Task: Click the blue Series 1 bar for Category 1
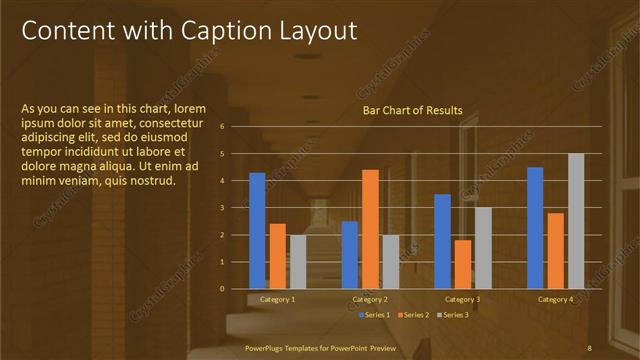[x=257, y=230]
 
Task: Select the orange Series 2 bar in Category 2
[x=370, y=228]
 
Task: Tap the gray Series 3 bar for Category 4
[x=576, y=220]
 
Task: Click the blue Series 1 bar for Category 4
[x=535, y=227]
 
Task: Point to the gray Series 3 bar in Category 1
[x=298, y=261]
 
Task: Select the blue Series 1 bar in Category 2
[x=350, y=254]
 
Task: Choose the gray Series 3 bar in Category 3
[x=483, y=247]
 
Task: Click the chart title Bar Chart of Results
[x=412, y=111]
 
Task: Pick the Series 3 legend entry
[x=452, y=315]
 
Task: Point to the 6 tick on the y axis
[x=235, y=126]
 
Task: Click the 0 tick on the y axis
[x=235, y=288]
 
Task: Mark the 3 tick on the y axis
[x=235, y=207]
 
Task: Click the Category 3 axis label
[x=463, y=299]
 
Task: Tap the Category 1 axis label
[x=277, y=299]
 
